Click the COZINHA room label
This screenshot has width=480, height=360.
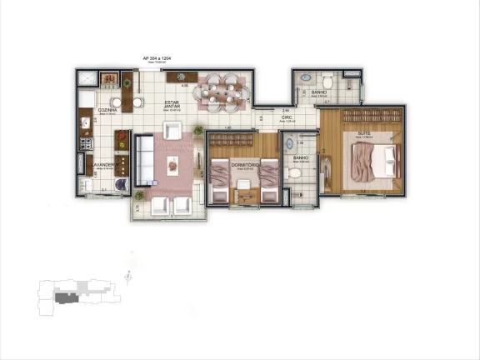pyautogui.click(x=107, y=110)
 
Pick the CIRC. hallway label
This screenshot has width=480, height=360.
pyautogui.click(x=286, y=118)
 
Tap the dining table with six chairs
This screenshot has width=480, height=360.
pyautogui.click(x=219, y=87)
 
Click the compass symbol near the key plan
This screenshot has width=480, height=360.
pyautogui.click(x=127, y=275)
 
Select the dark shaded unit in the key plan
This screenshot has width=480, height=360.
pyautogui.click(x=65, y=295)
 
